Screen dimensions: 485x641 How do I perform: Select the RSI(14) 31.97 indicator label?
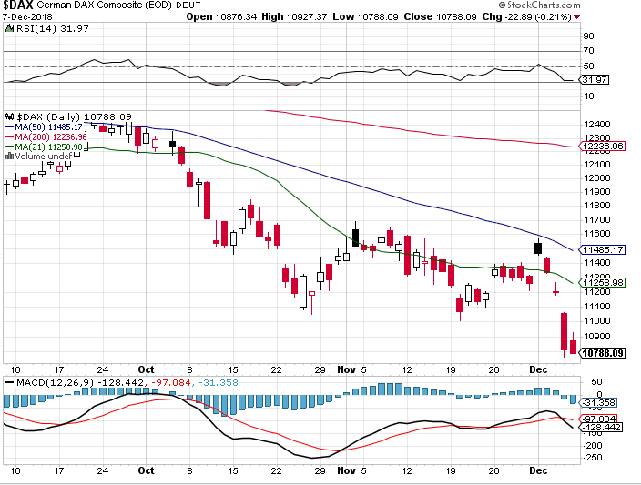pos(42,27)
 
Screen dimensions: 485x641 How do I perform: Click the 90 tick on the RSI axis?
pos(588,36)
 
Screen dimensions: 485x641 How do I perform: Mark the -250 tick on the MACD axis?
pos(594,457)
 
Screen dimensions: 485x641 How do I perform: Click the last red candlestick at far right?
pos(572,346)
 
